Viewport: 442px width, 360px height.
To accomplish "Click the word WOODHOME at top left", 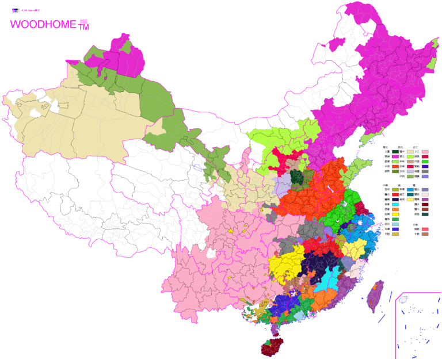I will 43,25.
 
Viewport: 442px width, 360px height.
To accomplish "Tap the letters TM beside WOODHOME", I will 84,26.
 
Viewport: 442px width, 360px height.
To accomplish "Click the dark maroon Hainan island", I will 268,347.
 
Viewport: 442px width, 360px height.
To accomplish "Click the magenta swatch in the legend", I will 396,156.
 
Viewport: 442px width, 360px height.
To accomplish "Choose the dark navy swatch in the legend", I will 396,199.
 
